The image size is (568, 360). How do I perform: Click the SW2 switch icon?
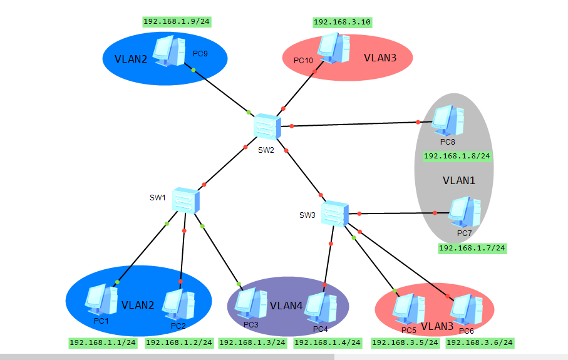(267, 128)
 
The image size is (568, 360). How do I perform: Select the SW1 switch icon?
(186, 200)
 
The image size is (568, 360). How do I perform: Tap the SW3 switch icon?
(335, 213)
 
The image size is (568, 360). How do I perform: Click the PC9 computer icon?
(170, 51)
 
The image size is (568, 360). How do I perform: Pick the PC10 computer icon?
(333, 48)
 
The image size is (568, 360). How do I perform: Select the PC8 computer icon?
(448, 121)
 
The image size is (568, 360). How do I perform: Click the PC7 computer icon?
(465, 213)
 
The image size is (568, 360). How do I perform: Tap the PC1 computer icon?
(101, 300)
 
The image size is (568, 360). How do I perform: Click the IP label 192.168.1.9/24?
(177, 22)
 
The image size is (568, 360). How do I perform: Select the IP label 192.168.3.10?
(343, 23)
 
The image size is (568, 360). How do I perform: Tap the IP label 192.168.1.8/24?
(457, 156)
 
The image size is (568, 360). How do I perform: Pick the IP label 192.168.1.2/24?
(179, 342)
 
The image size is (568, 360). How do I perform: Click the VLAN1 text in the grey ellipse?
(459, 180)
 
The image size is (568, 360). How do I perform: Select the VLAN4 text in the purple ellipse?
(286, 306)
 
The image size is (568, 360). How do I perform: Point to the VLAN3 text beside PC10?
(380, 58)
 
